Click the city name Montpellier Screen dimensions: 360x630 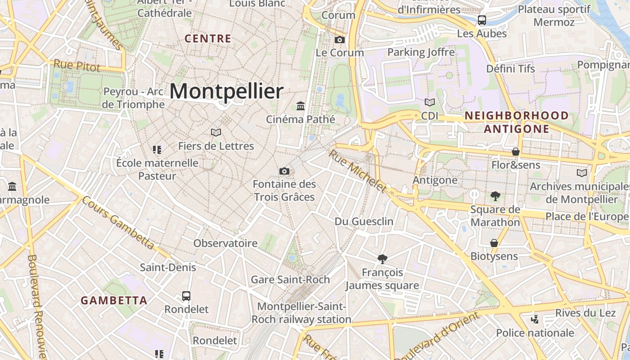226,91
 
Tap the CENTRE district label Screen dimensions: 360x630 208,39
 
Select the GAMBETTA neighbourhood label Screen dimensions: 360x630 114,301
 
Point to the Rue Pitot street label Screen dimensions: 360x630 76,66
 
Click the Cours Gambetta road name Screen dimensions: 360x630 118,223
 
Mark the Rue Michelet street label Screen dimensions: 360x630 358,171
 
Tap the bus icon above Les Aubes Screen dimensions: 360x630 482,20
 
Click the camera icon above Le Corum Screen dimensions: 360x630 340,40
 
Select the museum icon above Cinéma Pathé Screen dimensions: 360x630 301,106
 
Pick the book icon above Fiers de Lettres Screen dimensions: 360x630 216,133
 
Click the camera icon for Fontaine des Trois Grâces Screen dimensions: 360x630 284,171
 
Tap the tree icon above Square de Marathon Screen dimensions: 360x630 495,196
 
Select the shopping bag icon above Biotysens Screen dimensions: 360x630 494,243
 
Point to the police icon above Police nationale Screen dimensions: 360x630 535,319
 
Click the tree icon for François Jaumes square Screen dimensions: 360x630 382,259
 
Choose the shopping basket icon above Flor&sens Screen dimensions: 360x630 516,152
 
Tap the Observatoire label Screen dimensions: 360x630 225,243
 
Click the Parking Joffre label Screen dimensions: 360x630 421,52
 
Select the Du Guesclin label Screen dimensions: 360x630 364,221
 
